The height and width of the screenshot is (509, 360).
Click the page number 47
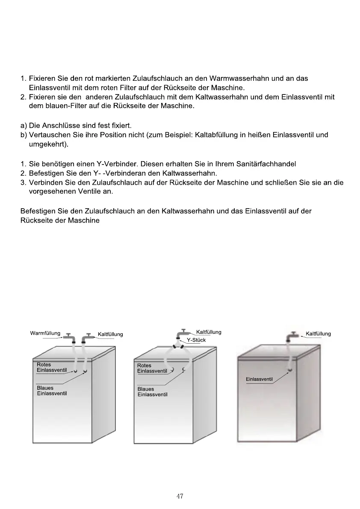[x=180, y=496]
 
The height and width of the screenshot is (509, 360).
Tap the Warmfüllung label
[x=45, y=333]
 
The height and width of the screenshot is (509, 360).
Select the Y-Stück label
[x=196, y=340]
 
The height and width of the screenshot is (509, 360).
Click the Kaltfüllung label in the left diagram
[x=110, y=334]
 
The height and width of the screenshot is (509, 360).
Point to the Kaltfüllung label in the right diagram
[x=318, y=334]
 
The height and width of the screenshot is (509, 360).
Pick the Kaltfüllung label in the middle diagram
[x=208, y=332]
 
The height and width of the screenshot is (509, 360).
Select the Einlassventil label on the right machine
[x=259, y=379]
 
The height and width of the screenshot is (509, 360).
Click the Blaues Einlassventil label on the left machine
[x=52, y=391]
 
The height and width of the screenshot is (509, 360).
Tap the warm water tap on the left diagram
[x=69, y=338]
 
